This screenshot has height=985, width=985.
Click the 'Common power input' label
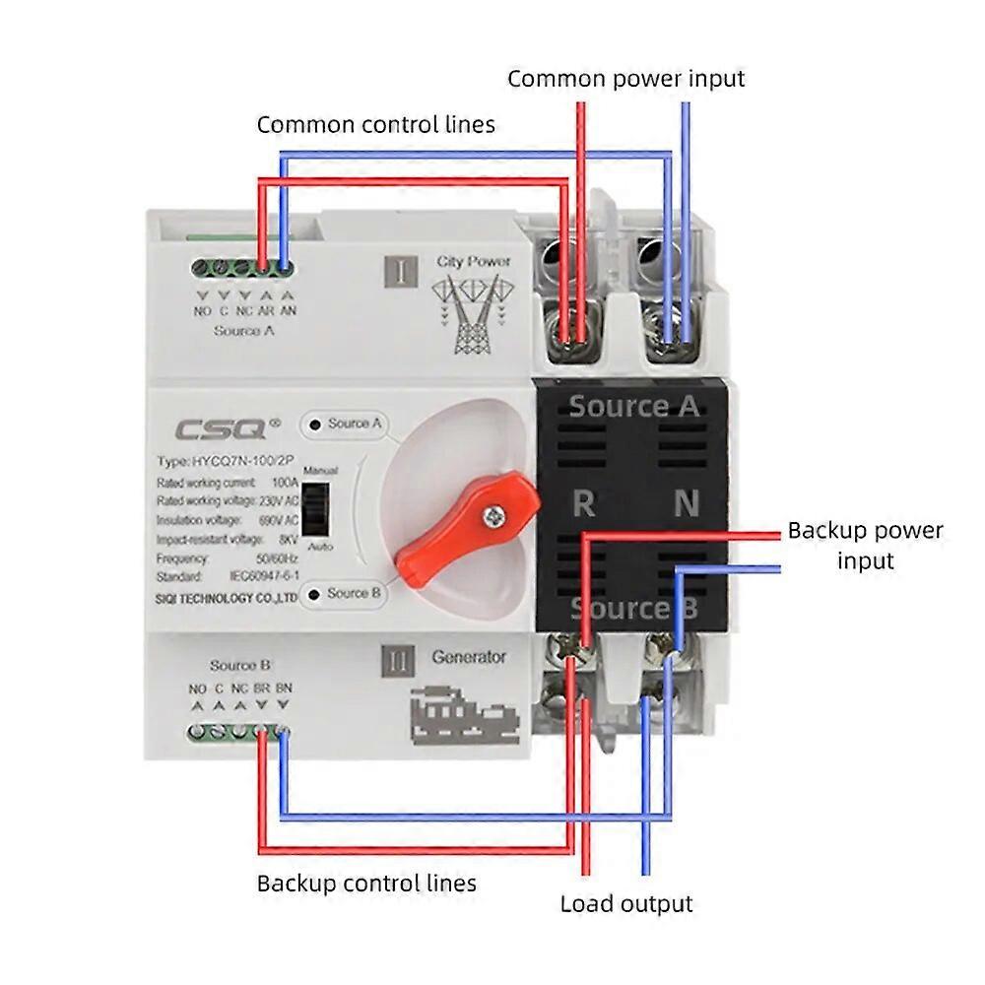coord(625,79)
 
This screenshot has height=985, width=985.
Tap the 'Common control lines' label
coord(375,125)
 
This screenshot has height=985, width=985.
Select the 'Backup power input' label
coord(865,546)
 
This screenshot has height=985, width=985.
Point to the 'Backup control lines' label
coord(366,883)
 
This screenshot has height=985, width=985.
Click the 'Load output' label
coord(626,903)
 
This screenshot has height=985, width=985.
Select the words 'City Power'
coord(474,262)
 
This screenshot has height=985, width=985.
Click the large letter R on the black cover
coord(583,504)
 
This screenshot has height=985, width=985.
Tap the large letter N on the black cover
coord(686,504)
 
